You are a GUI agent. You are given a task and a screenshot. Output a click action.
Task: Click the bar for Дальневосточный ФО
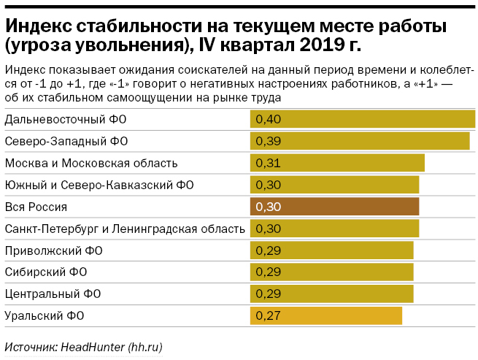(362, 118)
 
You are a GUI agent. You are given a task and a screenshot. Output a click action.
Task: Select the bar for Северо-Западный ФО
(359, 140)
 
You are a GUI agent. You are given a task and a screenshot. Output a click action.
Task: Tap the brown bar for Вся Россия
(334, 207)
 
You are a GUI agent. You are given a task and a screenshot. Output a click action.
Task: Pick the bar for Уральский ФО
(325, 316)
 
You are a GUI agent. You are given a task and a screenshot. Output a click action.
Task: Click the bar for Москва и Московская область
(337, 162)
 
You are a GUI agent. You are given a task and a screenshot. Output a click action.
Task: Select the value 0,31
(269, 162)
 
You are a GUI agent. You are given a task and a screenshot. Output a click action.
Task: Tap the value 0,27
(269, 316)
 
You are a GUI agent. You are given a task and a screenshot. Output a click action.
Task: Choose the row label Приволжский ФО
(53, 250)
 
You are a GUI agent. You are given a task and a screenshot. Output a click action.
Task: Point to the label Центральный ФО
(53, 294)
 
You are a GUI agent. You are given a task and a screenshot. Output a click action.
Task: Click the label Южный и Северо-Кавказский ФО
(99, 185)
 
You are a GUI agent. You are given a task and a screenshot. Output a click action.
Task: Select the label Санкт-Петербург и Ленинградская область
(125, 229)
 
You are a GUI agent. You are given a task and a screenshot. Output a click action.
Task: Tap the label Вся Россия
(36, 207)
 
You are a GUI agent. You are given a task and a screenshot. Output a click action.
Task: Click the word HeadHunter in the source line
(89, 346)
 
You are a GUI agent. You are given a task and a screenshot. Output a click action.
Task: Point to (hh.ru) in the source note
(144, 346)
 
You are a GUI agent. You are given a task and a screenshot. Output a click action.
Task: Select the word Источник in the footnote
(28, 346)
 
